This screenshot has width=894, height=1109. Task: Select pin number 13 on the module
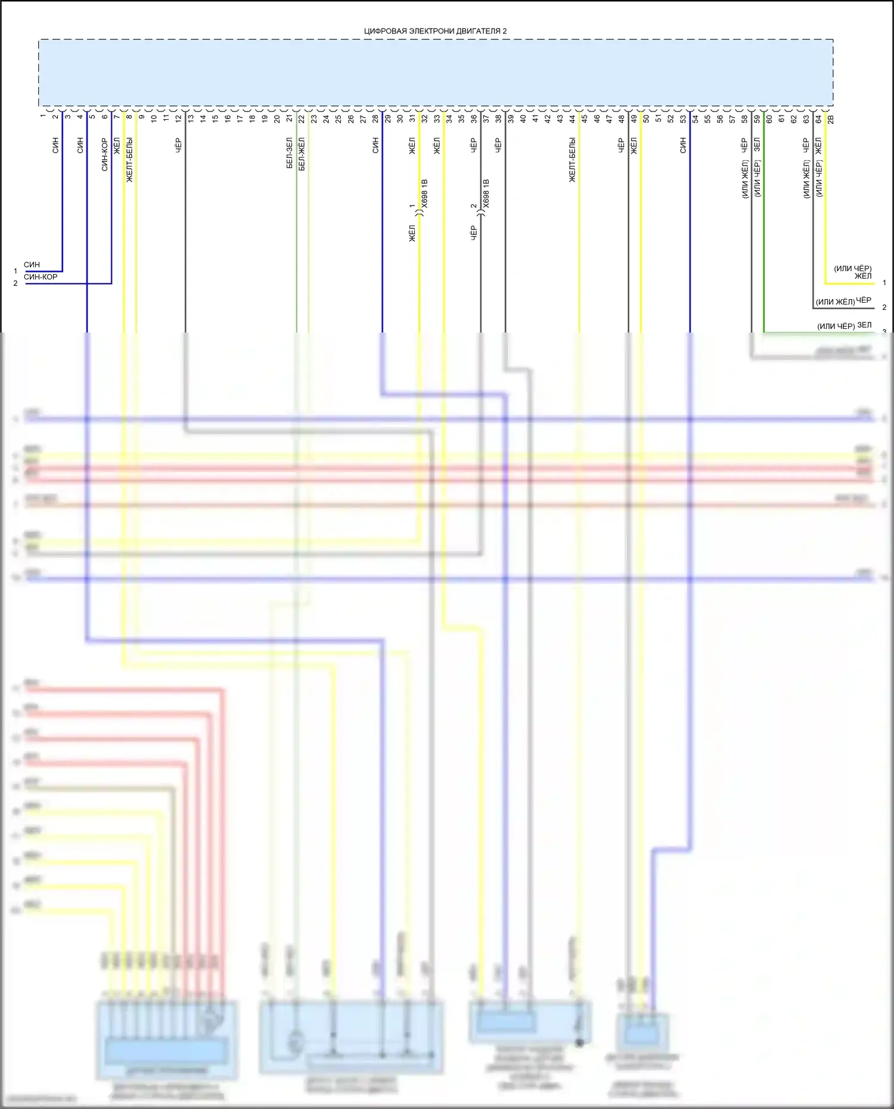pos(191,118)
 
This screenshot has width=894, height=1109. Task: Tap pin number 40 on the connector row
pos(523,119)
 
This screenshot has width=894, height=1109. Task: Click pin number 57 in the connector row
pos(732,119)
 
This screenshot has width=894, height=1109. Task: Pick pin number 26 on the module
pos(350,119)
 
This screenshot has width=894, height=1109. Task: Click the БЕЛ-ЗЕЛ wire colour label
pos(290,153)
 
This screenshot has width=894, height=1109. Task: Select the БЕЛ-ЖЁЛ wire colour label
pos(302,154)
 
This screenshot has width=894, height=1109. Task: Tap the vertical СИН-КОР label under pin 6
pos(105,154)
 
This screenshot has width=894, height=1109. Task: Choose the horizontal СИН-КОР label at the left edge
pos(41,277)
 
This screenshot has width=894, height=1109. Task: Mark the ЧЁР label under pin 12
pos(178,145)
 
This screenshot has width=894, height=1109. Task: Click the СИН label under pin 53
pos(683,145)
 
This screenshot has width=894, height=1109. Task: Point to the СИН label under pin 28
pos(375,145)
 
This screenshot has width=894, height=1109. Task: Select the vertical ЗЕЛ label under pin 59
pos(757,145)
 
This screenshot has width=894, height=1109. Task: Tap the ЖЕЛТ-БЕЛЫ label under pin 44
pos(572,160)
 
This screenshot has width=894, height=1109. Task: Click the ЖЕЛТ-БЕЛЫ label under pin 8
pos(129,160)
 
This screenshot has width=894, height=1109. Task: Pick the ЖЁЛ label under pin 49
pos(634,145)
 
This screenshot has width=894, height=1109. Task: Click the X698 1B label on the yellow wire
pos(424,193)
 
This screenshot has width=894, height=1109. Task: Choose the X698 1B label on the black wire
pos(486,193)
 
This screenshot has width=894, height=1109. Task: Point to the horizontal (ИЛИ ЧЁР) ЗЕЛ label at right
pos(844,325)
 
